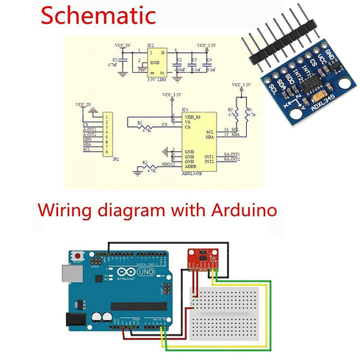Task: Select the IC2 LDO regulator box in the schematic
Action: tap(157, 60)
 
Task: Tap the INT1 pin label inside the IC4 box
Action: tap(209, 156)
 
